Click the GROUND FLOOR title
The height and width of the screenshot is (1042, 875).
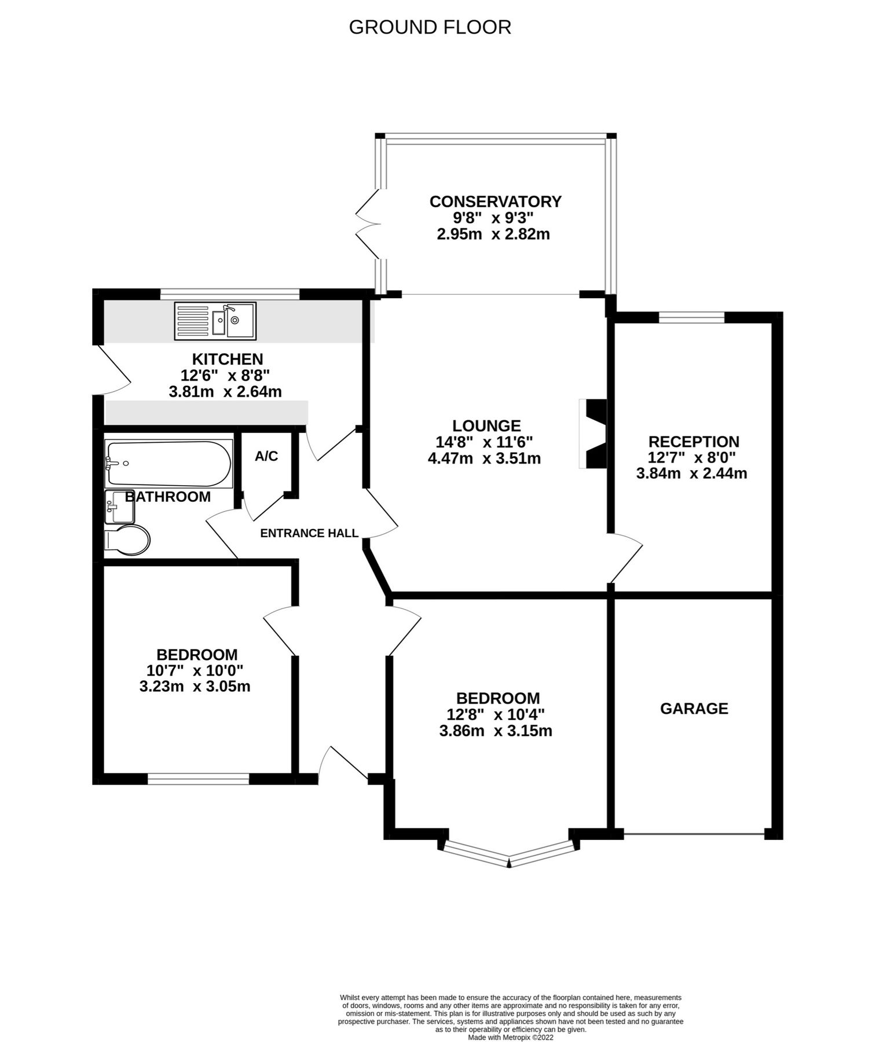tap(430, 27)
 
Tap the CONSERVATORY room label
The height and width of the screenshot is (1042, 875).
tap(495, 201)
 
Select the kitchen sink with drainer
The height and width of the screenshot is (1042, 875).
tap(215, 321)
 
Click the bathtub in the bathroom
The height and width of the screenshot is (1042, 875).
tap(168, 464)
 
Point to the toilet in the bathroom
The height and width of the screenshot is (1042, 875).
tap(128, 540)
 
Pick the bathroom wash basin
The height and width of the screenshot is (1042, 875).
tap(119, 507)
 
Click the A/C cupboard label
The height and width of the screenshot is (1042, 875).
tap(266, 456)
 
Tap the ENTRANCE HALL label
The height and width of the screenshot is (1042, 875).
tap(309, 533)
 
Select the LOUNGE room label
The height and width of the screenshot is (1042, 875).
tap(486, 426)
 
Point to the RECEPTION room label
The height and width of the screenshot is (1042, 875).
tap(694, 442)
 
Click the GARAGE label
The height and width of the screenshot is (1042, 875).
tap(694, 709)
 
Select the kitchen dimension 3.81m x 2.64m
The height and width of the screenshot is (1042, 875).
tap(225, 392)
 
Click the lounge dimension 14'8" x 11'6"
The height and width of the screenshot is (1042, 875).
tap(484, 442)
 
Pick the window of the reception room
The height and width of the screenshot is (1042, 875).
tap(691, 317)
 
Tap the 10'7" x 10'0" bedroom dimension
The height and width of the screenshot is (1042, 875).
tap(195, 671)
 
